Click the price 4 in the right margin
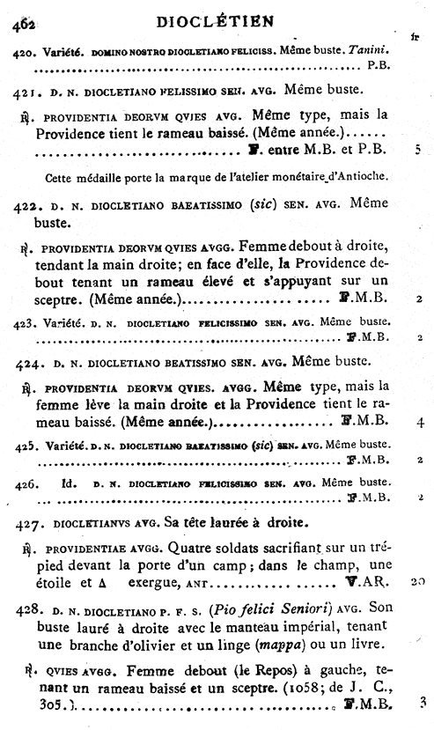pos(421,424)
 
